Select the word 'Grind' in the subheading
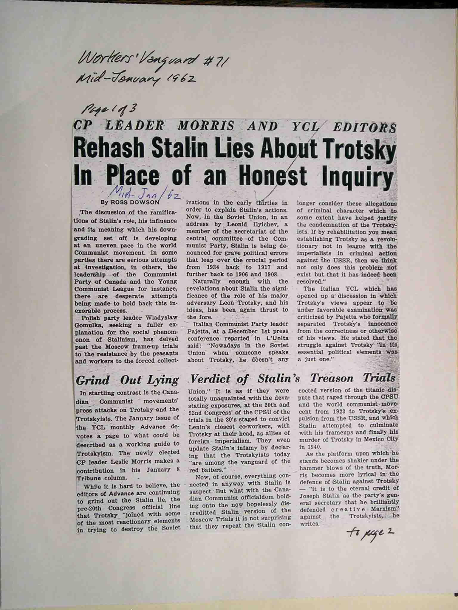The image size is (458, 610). pos(93,380)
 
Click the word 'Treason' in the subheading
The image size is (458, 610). pos(332,378)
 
